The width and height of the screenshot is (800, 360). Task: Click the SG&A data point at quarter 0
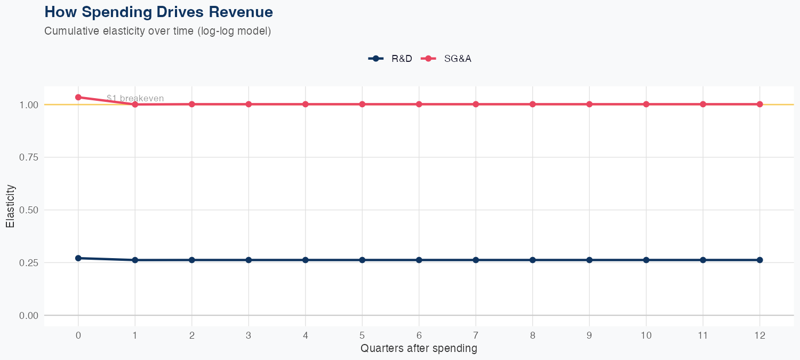(x=78, y=97)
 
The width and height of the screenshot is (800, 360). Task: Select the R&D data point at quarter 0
(x=78, y=258)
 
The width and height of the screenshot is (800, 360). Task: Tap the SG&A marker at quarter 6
(x=419, y=104)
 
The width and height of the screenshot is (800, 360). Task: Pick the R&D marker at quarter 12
(x=759, y=260)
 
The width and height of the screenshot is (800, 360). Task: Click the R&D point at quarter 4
(x=306, y=260)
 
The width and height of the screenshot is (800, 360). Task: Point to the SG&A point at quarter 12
(x=759, y=104)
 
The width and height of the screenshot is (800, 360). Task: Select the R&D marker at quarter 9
(x=589, y=260)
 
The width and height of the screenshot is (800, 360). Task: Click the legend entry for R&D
(x=390, y=59)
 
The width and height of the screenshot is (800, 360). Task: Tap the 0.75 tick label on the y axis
(x=29, y=157)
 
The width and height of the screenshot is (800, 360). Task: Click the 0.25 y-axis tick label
(x=29, y=263)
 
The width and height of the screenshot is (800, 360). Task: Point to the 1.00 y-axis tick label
(x=29, y=105)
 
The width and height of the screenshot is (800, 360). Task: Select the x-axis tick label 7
(x=476, y=335)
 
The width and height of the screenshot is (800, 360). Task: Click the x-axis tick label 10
(x=646, y=335)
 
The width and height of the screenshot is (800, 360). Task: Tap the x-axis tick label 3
(x=249, y=335)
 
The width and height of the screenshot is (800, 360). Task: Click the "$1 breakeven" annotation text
(x=135, y=98)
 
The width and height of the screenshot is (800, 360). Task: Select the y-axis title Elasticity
(x=10, y=206)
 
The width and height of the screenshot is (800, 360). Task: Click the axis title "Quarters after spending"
(x=419, y=349)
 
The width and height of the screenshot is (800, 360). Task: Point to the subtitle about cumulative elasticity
(x=158, y=31)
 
